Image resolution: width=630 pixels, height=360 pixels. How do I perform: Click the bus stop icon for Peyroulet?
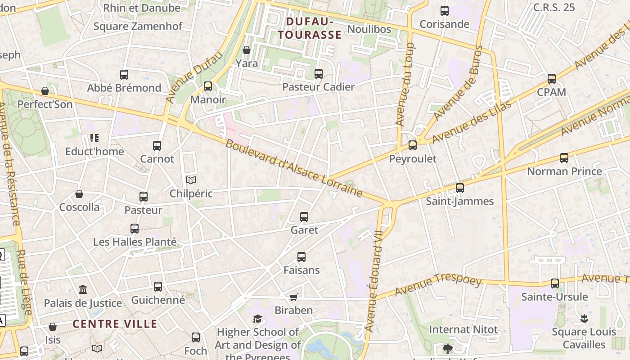coord(412,145)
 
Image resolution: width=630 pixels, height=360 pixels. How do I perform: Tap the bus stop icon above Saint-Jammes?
coord(459,188)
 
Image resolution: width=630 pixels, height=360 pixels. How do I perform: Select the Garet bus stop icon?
coord(304,217)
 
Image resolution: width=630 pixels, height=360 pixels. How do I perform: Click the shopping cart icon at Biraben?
coord(293,297)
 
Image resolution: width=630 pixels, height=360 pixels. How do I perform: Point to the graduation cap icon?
coord(257,319)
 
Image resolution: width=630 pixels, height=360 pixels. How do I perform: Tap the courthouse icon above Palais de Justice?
coord(83,289)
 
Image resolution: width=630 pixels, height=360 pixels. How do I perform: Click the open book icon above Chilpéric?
coord(191,180)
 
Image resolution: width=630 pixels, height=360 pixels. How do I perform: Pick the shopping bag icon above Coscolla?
coord(79,194)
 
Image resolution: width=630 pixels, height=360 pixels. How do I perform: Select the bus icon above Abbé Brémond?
coord(124,74)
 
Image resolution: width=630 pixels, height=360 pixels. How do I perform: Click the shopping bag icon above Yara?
coord(247,49)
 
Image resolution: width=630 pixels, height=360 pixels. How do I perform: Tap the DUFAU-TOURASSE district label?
coord(309,28)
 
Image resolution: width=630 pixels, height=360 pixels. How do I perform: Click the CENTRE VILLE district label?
coord(115,324)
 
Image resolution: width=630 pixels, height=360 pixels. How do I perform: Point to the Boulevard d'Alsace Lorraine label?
coord(293,168)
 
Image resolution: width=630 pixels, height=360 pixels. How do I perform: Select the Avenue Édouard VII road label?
coord(375,281)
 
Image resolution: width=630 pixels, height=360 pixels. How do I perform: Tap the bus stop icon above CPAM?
coord(552,79)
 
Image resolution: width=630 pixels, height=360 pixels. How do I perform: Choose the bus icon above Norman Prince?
coord(564,158)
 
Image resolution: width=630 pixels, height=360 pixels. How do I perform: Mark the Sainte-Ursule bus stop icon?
coord(554,283)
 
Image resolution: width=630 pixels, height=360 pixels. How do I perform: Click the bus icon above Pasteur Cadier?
coord(319,74)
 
